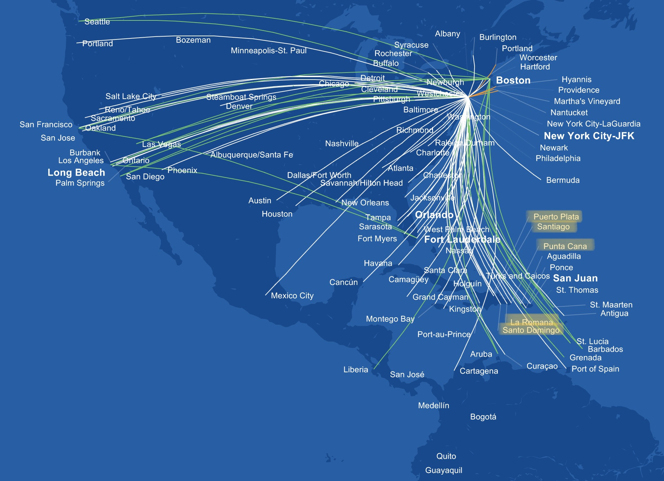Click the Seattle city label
tap(97, 22)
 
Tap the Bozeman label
tap(193, 40)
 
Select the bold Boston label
tap(513, 80)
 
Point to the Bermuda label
tap(563, 180)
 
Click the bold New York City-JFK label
tap(589, 136)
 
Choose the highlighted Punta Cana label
tap(565, 246)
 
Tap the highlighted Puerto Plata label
tap(556, 217)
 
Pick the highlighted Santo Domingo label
tap(531, 330)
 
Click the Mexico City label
tap(292, 296)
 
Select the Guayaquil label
tap(444, 470)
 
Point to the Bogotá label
tap(483, 417)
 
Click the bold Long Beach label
tap(76, 173)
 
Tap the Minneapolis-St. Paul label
tap(269, 51)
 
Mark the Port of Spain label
tap(595, 369)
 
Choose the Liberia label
tap(356, 370)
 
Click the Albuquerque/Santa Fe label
tap(251, 155)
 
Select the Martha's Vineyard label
tap(587, 101)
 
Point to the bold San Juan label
tap(575, 278)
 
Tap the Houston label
tap(277, 214)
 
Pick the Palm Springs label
tap(80, 183)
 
